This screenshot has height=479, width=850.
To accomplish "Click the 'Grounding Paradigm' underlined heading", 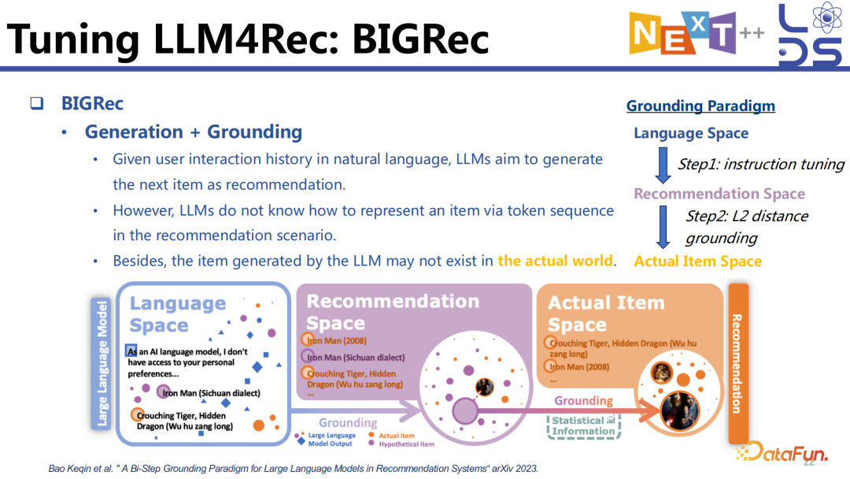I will (700, 106).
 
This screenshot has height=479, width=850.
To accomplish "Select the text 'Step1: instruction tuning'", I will (760, 165).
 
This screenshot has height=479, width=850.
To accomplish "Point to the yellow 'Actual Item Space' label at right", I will (697, 261).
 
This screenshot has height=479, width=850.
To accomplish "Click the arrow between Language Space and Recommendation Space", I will (663, 164).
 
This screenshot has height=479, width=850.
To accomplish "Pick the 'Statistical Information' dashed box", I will (583, 425).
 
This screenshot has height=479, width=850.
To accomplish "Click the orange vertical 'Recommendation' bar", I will (738, 362).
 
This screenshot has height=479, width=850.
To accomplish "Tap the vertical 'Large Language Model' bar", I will (101, 362).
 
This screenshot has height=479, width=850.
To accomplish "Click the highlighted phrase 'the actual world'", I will (555, 260).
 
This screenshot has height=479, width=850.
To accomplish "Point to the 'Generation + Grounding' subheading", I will (193, 132).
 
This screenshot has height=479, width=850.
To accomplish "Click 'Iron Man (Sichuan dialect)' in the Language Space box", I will (211, 392).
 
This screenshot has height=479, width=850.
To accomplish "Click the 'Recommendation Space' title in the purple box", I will (392, 312).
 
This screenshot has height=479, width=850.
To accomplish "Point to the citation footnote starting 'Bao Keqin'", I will (294, 468).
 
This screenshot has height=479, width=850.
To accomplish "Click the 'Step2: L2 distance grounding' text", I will (746, 226).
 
